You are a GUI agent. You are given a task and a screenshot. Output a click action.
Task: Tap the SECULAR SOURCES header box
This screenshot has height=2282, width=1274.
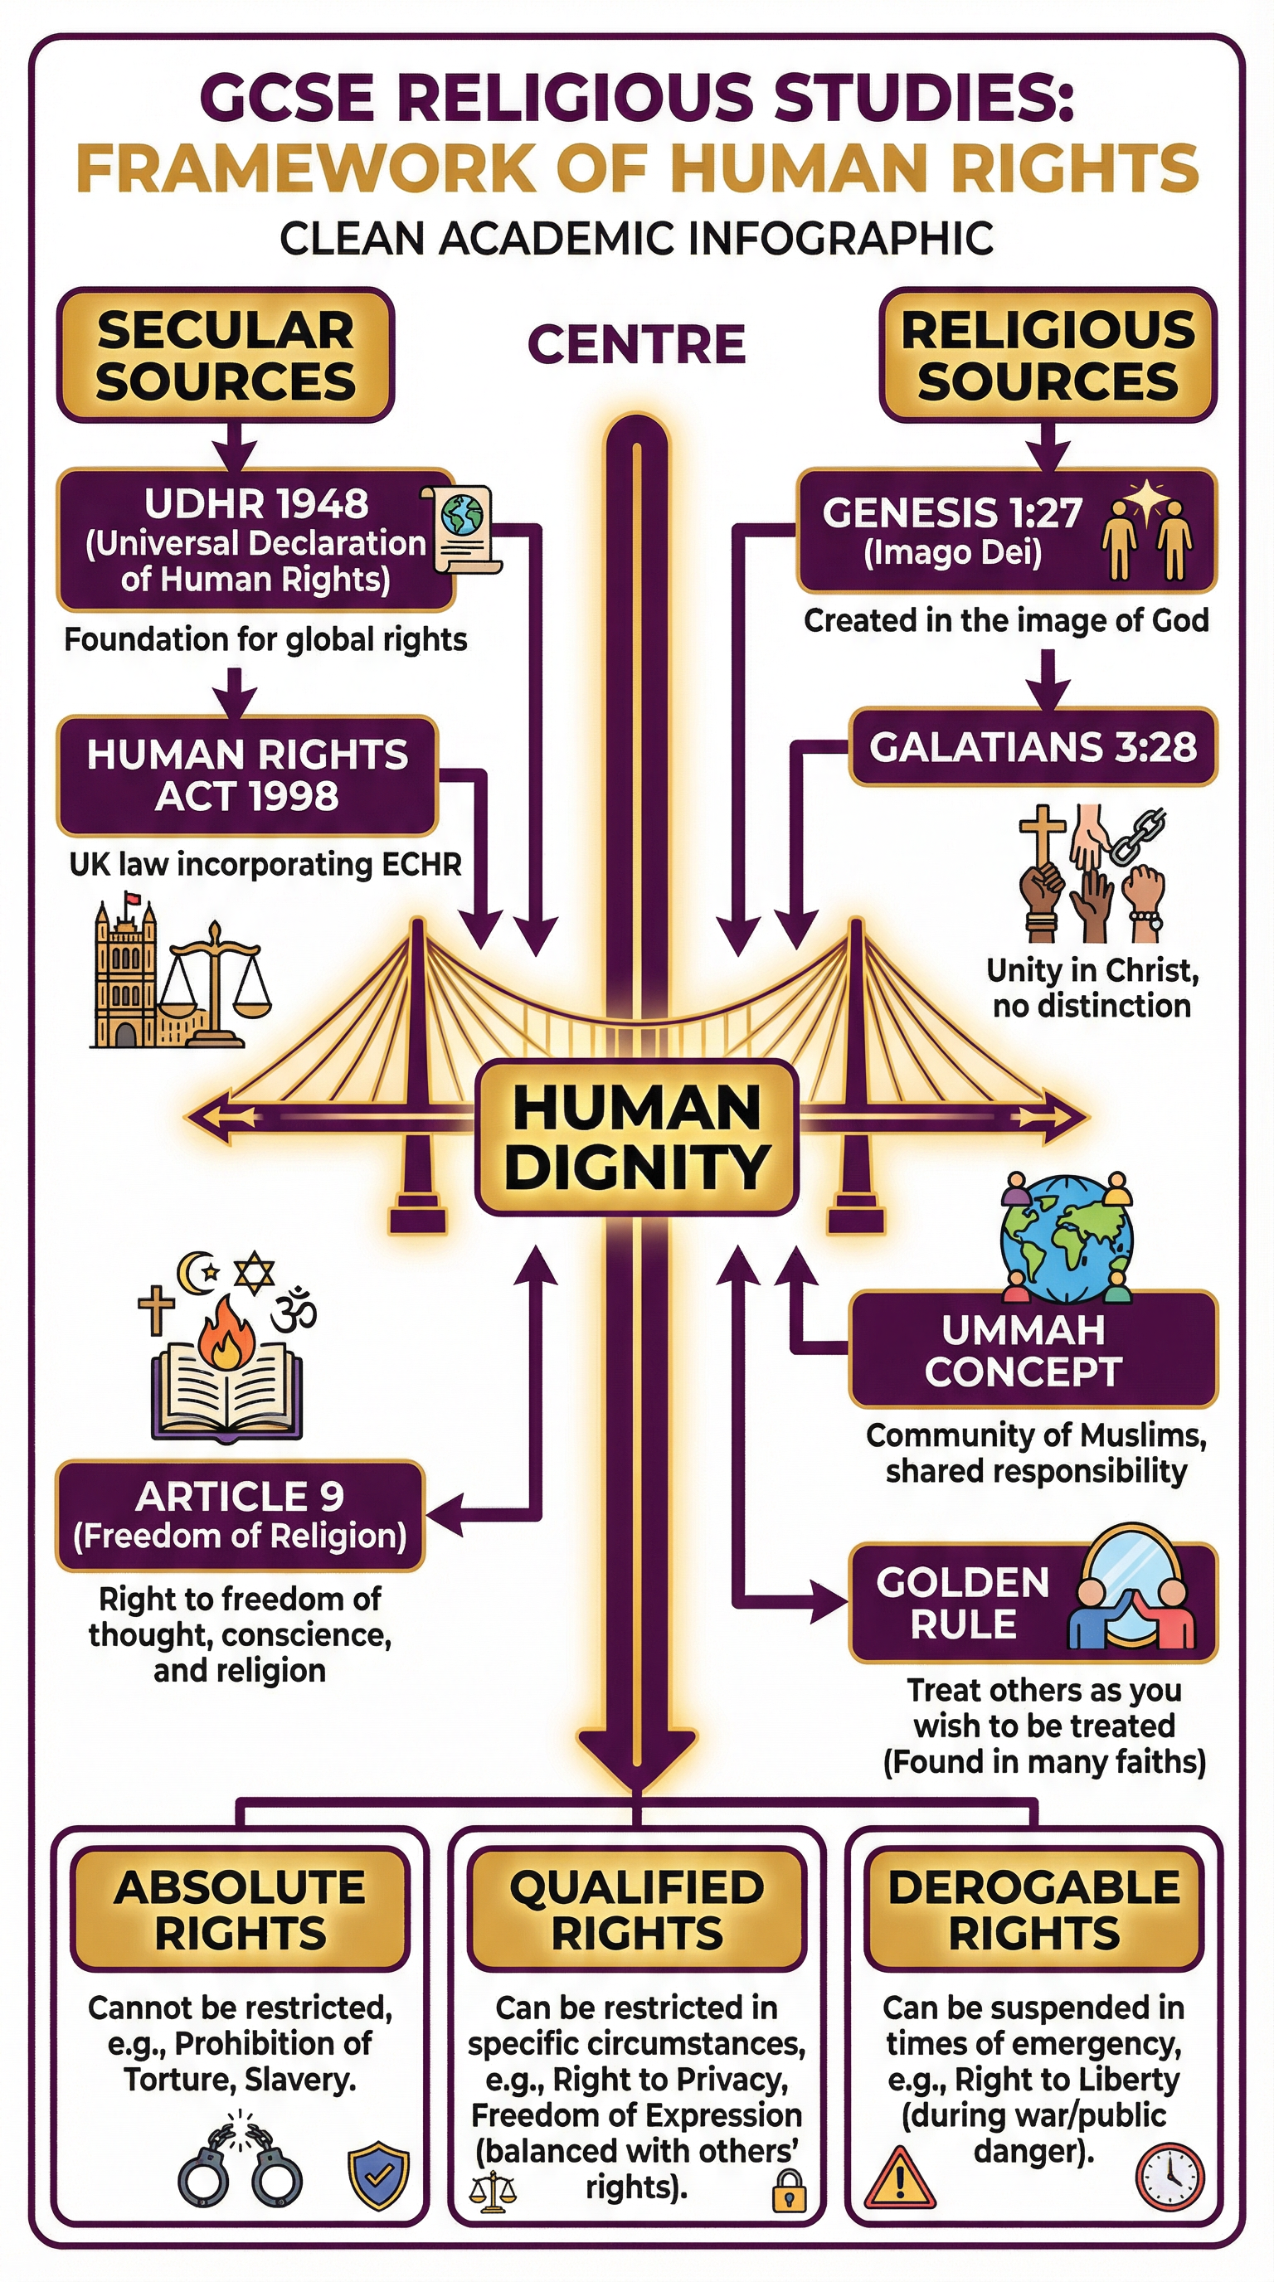click(225, 355)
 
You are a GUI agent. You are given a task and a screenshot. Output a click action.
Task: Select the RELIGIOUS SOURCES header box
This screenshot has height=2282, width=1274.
click(1048, 355)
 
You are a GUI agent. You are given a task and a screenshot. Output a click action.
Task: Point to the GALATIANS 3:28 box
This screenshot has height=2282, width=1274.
click(1032, 747)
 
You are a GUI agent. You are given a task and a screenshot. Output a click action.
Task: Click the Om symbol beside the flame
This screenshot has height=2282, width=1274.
click(294, 1313)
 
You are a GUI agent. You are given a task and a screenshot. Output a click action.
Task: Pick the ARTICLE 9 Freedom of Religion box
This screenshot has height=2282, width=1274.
click(240, 1516)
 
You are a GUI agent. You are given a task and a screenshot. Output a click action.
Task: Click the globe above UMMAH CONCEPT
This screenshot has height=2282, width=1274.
click(1067, 1239)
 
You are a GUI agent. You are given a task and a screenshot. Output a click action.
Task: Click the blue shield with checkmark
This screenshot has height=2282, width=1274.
click(378, 2176)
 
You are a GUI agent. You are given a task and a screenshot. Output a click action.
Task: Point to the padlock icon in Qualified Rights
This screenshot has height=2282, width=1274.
click(789, 2189)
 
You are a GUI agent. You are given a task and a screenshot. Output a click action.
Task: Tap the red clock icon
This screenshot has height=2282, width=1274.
click(1169, 2176)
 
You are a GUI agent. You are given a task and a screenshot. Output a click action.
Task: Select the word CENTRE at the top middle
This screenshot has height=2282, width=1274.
click(636, 345)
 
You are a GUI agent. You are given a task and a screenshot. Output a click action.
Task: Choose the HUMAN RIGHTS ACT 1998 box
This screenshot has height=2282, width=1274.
click(247, 775)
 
